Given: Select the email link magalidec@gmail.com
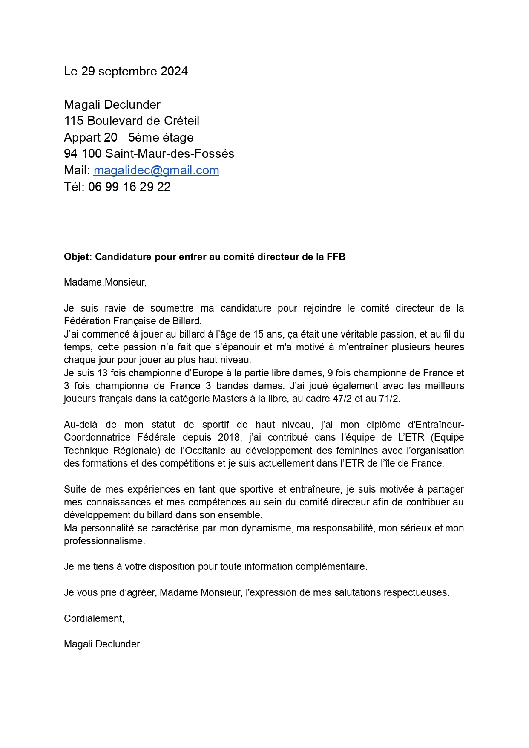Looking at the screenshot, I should (x=156, y=170).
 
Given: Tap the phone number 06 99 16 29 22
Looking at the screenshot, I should (x=129, y=187).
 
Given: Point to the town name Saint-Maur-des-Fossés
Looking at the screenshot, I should (x=170, y=153).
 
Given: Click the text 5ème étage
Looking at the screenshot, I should (x=161, y=137).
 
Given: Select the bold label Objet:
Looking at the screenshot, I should (x=78, y=257).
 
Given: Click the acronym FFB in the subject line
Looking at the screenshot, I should (x=336, y=257).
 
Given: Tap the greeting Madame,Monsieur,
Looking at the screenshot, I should (x=105, y=282).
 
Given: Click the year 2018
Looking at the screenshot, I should (x=229, y=437).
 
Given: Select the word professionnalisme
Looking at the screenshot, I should (x=104, y=541).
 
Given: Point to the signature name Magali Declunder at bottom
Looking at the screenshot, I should (x=102, y=644).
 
